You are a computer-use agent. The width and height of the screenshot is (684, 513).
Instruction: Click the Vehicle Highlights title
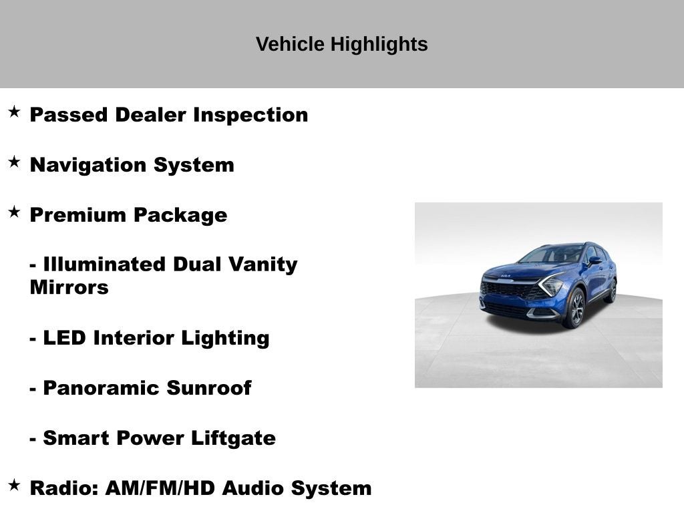point(341,45)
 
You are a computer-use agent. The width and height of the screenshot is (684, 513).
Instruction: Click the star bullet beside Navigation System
point(14,162)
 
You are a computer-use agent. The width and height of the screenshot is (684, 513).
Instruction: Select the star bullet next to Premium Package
point(14,212)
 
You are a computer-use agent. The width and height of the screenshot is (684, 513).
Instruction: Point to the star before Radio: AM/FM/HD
point(14,485)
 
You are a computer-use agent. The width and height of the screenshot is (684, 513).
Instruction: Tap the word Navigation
point(89,165)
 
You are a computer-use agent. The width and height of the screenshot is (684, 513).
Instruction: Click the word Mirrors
point(69,288)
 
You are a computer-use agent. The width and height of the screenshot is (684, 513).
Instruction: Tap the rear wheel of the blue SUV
point(611,291)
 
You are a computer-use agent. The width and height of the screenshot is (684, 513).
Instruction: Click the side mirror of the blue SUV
point(594,260)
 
